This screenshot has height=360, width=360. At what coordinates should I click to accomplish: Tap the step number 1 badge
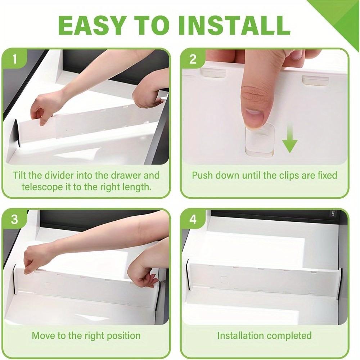point(14,59)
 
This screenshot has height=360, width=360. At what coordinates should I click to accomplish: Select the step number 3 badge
point(14,219)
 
